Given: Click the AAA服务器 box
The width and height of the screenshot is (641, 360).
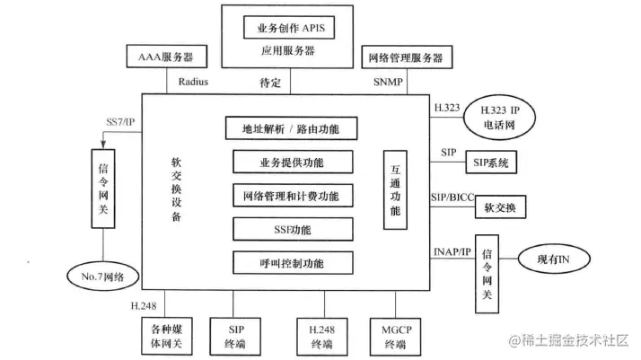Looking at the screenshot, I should tap(166, 58).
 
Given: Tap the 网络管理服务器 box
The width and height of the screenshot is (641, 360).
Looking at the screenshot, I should tap(405, 58).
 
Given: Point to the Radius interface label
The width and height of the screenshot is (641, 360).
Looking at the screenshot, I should tap(193, 82).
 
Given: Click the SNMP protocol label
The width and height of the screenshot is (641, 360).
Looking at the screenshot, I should tap(389, 82).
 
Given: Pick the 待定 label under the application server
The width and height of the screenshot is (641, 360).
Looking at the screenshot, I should tap(271, 82).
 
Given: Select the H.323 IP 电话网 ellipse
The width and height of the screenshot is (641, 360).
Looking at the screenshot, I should tap(503, 115).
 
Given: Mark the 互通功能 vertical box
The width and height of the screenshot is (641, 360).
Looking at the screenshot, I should tap(395, 188).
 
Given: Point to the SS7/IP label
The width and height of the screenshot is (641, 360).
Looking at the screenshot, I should tap(120, 121).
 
